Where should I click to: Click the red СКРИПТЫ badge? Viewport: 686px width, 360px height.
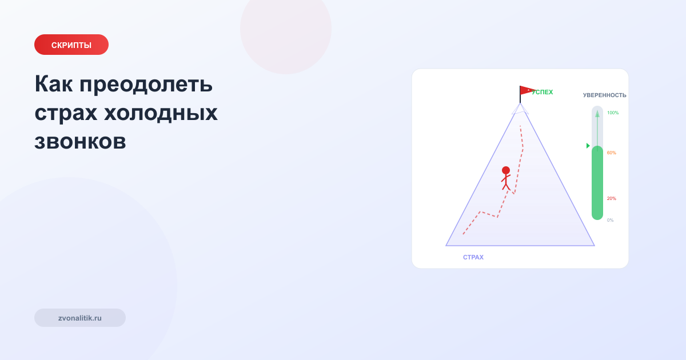(x=71, y=45)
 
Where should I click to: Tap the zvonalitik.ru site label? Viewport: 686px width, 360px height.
(x=80, y=318)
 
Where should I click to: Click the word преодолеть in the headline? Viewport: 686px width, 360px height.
(x=146, y=85)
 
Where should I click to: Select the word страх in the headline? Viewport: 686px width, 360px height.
(x=64, y=113)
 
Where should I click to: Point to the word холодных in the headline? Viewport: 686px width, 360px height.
(x=161, y=113)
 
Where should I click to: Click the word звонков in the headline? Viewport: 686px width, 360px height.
(x=80, y=141)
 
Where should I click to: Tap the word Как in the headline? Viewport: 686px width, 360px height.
(x=54, y=85)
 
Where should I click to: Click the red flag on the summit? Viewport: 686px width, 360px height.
(x=527, y=90)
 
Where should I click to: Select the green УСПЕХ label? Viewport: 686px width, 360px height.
(x=543, y=92)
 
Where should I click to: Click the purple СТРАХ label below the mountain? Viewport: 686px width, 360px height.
(x=473, y=257)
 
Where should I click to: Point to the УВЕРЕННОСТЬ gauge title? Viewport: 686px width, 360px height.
(x=604, y=95)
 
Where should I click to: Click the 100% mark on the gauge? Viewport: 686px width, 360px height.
(x=613, y=113)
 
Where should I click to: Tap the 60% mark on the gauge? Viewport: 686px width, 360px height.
(x=612, y=153)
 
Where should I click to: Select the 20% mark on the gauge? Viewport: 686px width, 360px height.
(x=612, y=198)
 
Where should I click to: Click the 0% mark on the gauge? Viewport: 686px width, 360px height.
(x=611, y=220)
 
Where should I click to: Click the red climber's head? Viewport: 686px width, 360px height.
(x=506, y=170)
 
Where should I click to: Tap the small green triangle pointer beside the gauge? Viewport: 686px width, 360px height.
(x=588, y=146)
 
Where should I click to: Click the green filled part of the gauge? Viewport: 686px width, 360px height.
(x=597, y=183)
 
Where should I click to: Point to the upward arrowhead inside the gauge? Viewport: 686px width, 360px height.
(x=597, y=114)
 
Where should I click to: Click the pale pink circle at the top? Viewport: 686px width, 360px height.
(x=286, y=29)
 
